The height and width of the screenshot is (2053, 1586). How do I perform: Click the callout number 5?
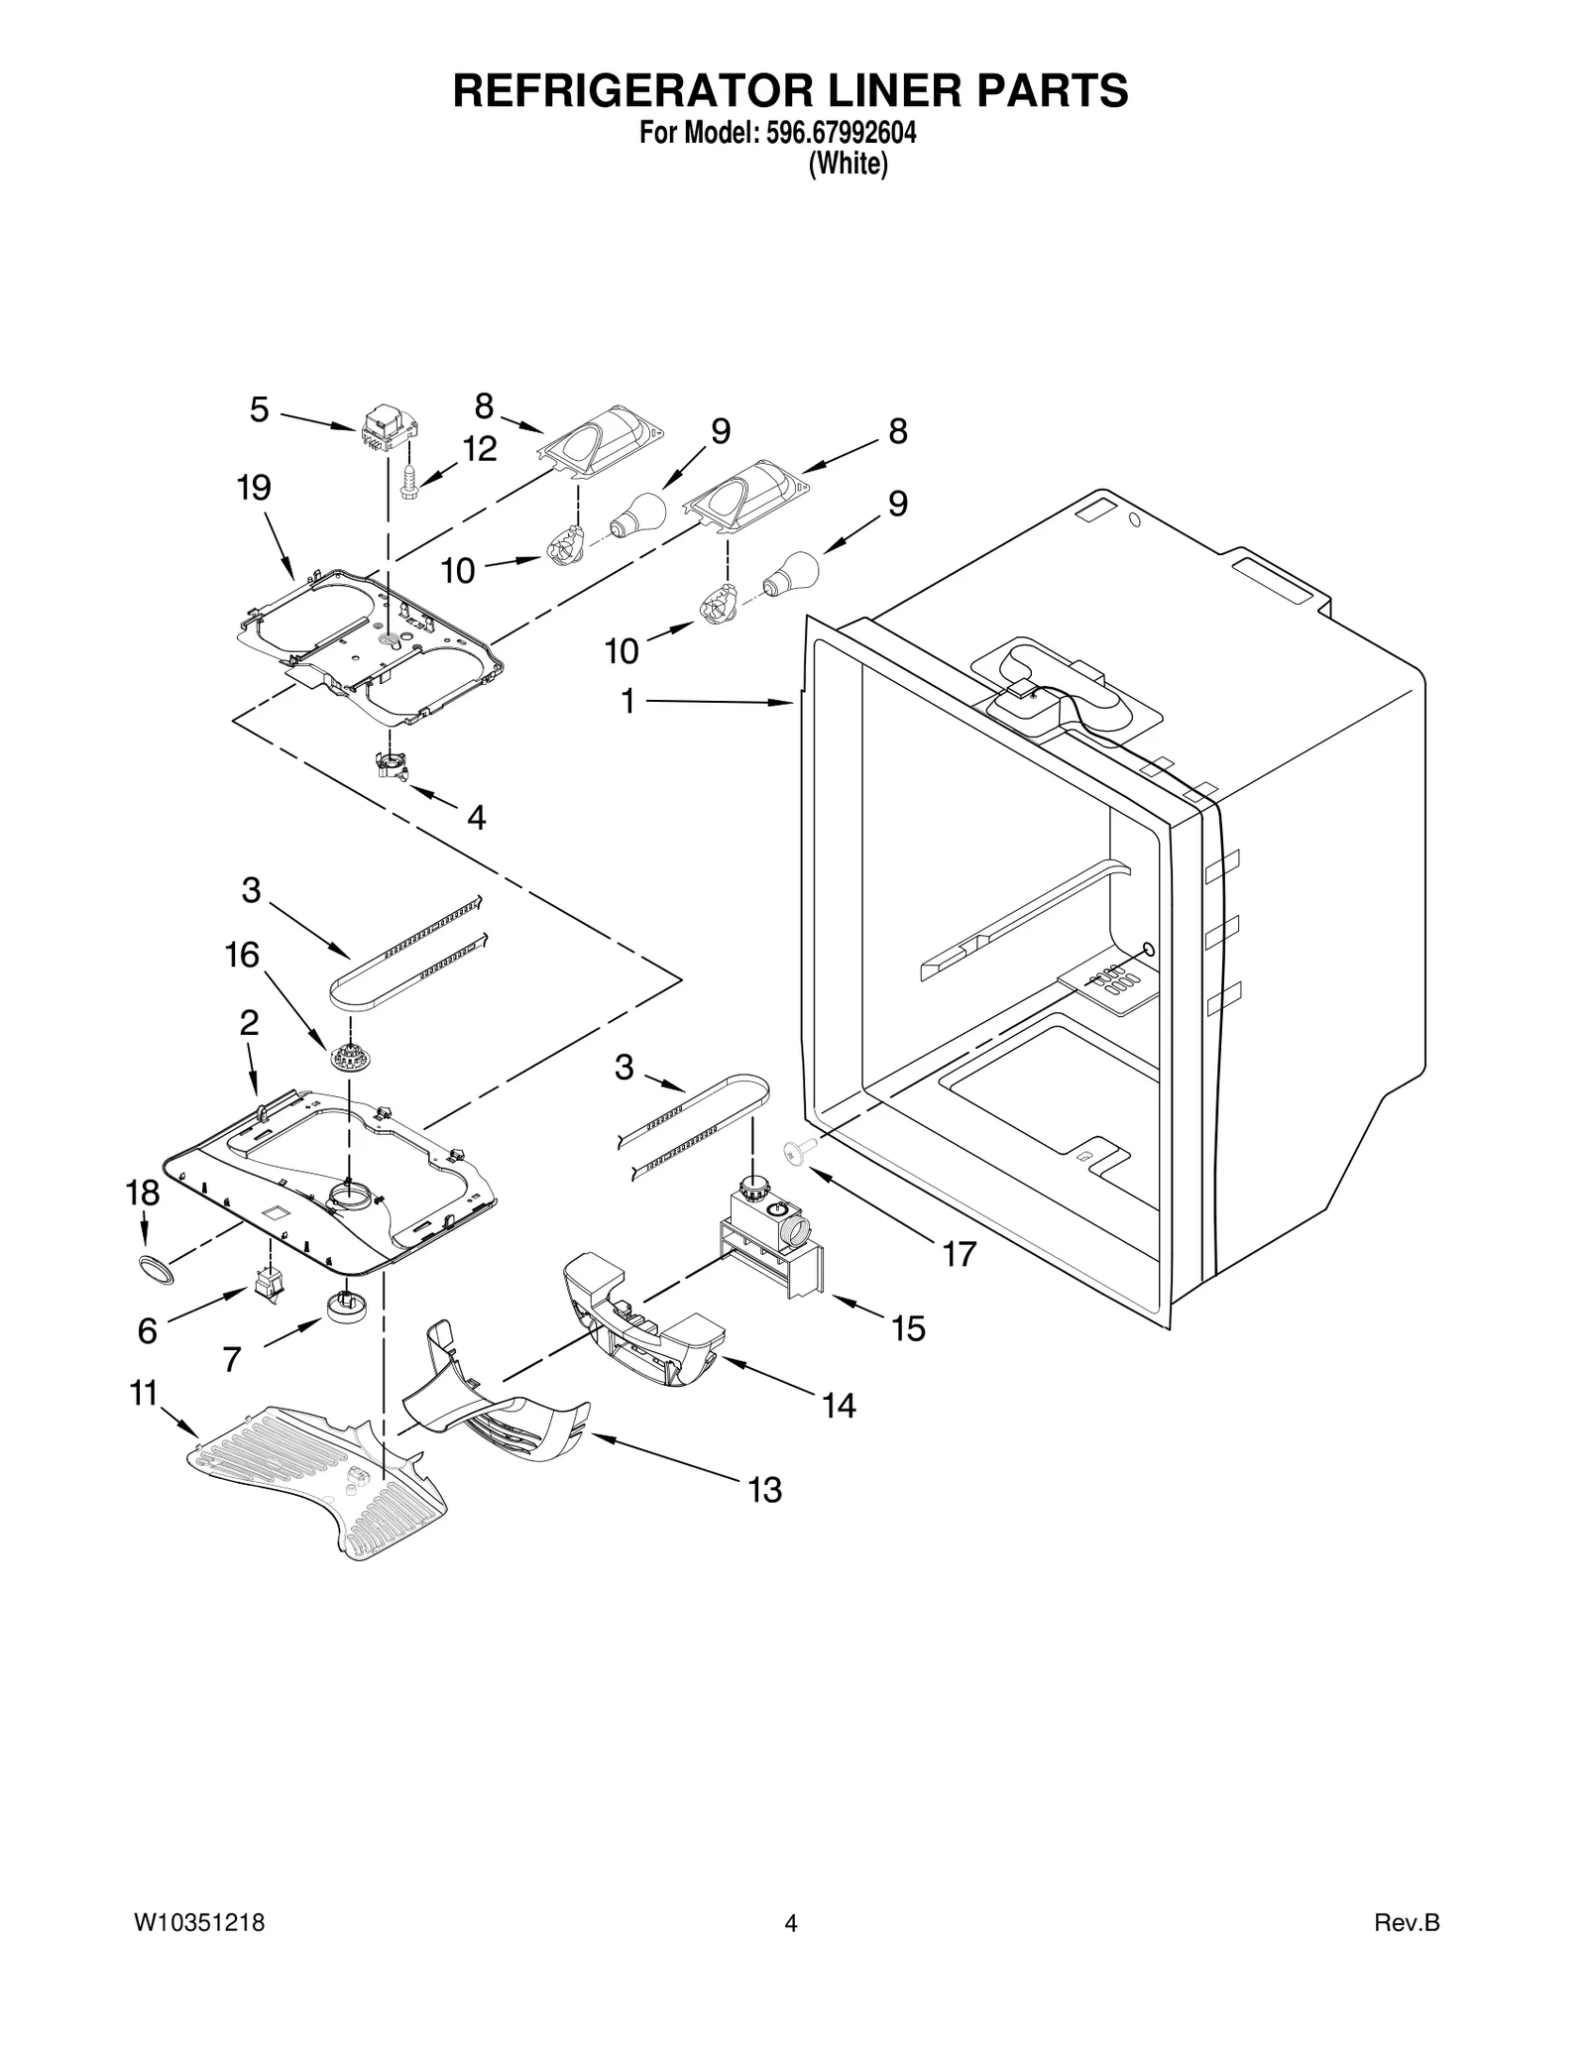pos(259,409)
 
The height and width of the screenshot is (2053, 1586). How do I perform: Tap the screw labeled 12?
pos(410,484)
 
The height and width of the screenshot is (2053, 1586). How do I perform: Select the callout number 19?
pos(254,488)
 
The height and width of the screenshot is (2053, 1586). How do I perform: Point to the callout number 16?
pos(242,955)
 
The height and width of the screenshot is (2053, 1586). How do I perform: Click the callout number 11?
pos(145,1393)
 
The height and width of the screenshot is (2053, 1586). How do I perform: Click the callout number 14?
pos(839,1405)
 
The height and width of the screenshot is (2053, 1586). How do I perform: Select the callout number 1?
pos(627,701)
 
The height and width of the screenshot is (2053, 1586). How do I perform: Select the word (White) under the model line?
pos(848,164)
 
